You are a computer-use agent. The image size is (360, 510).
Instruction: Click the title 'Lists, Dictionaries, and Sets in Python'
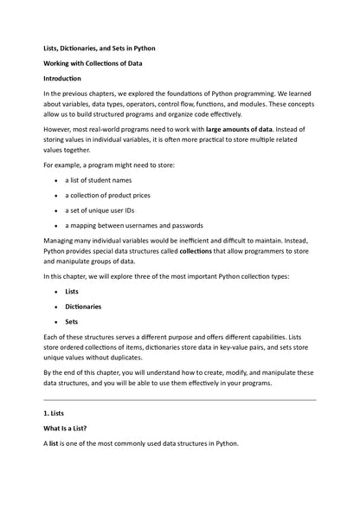click(100, 48)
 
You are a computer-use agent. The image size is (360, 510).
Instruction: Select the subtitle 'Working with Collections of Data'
click(93, 64)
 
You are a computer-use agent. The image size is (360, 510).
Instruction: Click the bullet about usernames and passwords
click(133, 224)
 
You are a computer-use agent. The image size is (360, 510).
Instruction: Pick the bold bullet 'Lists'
click(72, 291)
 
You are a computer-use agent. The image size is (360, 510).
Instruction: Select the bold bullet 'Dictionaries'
click(84, 306)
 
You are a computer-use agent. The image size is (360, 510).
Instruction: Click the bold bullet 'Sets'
click(72, 320)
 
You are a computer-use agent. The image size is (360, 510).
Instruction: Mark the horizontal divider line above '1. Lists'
click(180, 400)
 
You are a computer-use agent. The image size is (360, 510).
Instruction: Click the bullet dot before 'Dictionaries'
click(56, 307)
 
